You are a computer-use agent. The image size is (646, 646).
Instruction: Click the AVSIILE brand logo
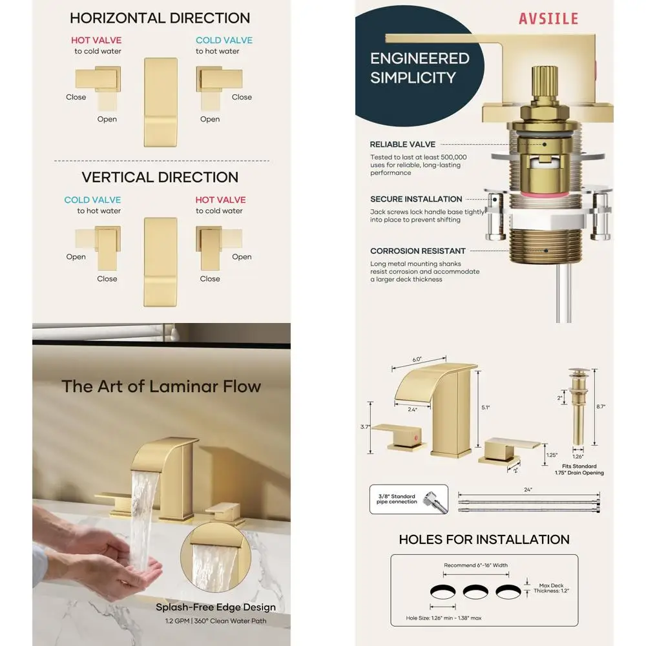coord(548,18)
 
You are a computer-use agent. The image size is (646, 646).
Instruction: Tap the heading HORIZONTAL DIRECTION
coord(160,18)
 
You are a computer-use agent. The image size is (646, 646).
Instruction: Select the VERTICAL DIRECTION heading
coord(160,177)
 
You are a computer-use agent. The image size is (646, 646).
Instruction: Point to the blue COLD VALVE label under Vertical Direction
coord(92,200)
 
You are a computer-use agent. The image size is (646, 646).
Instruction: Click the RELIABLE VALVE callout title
coord(402,145)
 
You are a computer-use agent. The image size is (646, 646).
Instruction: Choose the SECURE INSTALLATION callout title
coord(416,199)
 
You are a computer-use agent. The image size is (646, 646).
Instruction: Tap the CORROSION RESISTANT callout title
coord(418,251)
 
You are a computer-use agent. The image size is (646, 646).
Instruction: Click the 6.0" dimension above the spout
coord(417,359)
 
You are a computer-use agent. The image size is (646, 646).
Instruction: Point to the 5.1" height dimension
coord(486,408)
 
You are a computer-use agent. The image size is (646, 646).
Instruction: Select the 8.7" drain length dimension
coord(601,406)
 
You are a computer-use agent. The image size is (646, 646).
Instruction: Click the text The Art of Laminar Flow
coord(161,386)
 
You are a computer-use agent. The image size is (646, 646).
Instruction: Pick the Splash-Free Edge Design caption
coord(216,607)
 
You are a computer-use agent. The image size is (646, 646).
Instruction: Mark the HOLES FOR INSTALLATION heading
coord(484,539)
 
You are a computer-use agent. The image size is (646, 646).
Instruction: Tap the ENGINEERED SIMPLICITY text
coord(419,68)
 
